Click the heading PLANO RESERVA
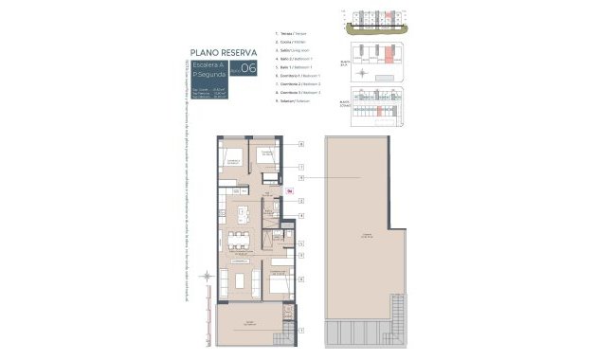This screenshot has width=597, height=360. [225, 53]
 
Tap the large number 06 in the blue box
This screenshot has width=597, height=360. [248, 68]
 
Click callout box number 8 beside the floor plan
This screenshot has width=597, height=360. [300, 280]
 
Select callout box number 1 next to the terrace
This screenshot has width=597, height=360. [300, 330]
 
